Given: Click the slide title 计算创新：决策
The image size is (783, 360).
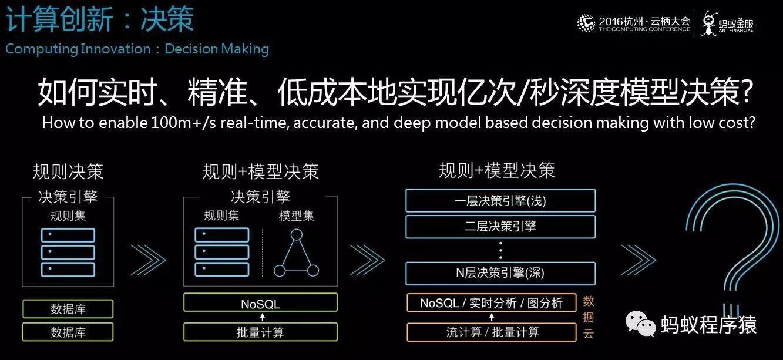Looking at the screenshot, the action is coord(100,19).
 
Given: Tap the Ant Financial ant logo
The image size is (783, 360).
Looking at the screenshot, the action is coord(709,23).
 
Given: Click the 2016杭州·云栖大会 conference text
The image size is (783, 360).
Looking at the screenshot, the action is coord(644,21).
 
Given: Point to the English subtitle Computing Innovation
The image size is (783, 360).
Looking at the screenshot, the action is coord(78,49).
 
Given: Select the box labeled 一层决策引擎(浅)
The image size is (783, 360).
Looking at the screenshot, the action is coord(500,201).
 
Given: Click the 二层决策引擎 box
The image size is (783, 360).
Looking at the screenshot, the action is coord(500,227).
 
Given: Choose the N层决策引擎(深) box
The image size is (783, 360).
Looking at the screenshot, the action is coord(500,273).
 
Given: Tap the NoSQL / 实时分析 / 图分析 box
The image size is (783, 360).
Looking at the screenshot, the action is coord(492,302).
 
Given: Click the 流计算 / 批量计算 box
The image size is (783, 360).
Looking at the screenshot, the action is coord(492,332).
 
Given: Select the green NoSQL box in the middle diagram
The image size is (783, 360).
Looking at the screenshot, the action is coord(260,302).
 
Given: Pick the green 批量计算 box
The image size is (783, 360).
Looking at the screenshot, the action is coord(260,332).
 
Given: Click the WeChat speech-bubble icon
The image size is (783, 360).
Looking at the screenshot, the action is coord(640,324).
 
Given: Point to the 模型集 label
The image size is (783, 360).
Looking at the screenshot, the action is coord(297,216).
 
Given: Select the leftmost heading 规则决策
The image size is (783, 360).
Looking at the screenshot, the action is coord(68,171).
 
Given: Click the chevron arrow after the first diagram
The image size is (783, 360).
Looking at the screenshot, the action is coord(149,260).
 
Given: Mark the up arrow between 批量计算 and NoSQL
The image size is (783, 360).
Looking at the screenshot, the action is coord(263,317).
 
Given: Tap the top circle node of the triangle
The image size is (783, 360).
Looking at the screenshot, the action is coord(297,234).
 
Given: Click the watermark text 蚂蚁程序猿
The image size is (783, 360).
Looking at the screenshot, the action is coord(709,324).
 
